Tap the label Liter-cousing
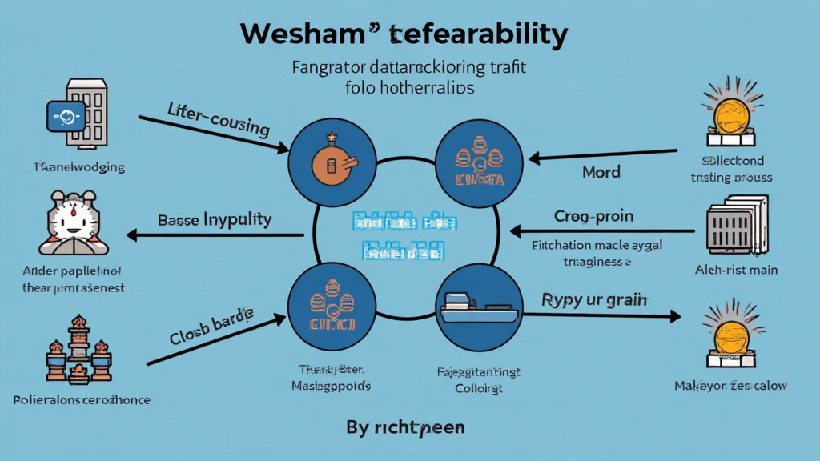tap(219, 118)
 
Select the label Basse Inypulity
tap(215, 219)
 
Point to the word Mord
tap(601, 172)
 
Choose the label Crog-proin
tap(593, 216)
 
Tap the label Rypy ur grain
tap(595, 300)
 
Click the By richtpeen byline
tap(405, 427)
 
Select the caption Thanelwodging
tap(78, 168)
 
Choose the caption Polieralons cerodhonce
tap(82, 399)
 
